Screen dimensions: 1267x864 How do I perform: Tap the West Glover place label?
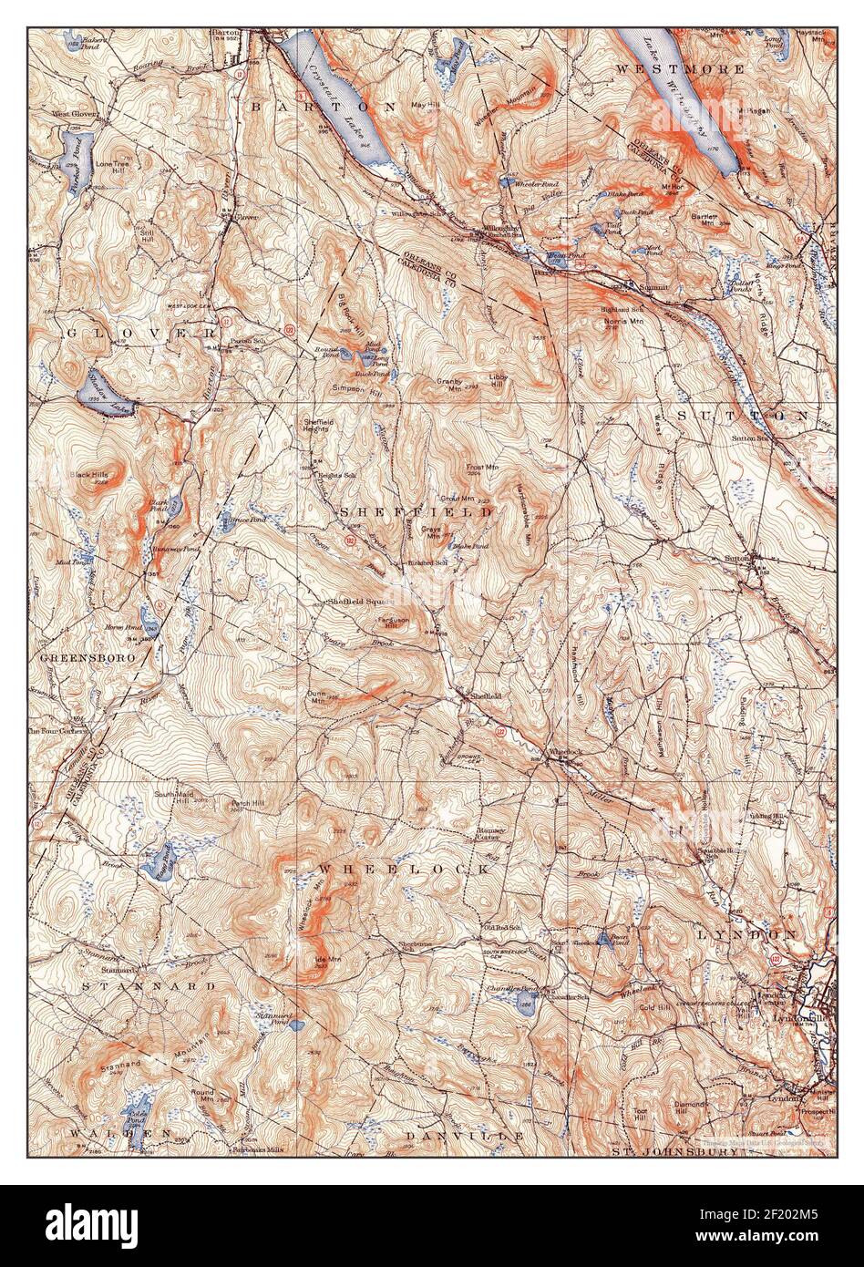[75, 115]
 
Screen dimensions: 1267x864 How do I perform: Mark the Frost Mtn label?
[481, 469]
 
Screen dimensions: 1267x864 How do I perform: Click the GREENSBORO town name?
[87, 656]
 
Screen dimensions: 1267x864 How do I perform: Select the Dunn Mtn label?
[316, 697]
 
